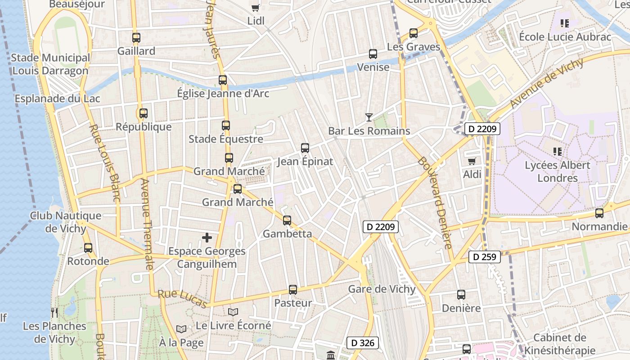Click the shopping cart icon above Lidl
(x=256, y=7)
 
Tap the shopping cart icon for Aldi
(x=472, y=161)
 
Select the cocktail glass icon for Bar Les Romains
(x=369, y=117)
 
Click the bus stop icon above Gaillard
(x=136, y=38)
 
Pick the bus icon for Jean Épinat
(x=305, y=148)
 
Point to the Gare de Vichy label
(x=382, y=289)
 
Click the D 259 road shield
(x=485, y=257)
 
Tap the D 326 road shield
(x=363, y=343)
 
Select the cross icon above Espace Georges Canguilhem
(x=207, y=238)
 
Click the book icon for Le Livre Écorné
(x=233, y=312)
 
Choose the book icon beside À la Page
(x=181, y=329)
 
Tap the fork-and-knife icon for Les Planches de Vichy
(x=54, y=313)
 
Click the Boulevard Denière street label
(x=434, y=202)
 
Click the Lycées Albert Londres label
(x=558, y=171)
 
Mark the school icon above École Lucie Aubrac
(x=565, y=23)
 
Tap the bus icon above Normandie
(x=599, y=213)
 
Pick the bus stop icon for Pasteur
(x=293, y=290)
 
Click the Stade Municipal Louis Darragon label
(x=50, y=64)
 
